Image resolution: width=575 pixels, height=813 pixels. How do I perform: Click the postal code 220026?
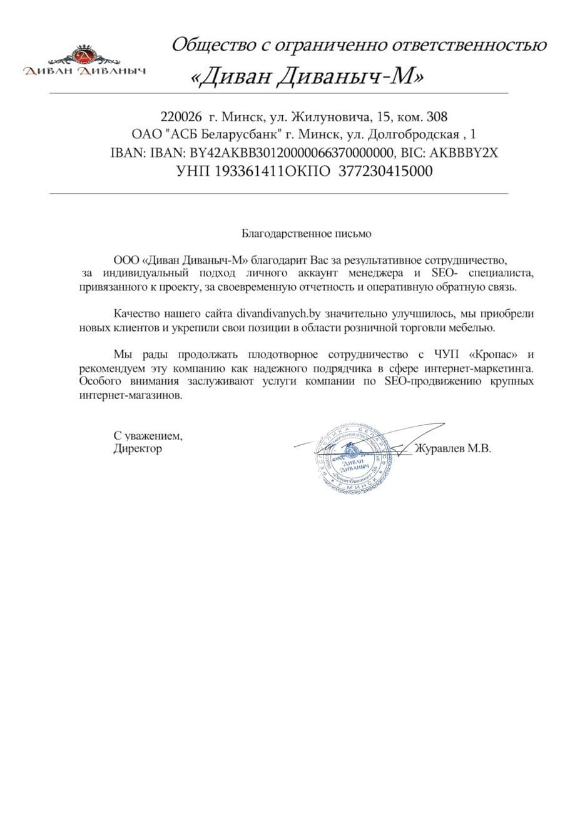pos(181,117)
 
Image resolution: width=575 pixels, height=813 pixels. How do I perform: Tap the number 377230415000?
pos(385,171)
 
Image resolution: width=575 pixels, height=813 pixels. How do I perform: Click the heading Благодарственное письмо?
pos(307,234)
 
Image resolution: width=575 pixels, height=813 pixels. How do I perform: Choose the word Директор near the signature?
pos(138,448)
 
